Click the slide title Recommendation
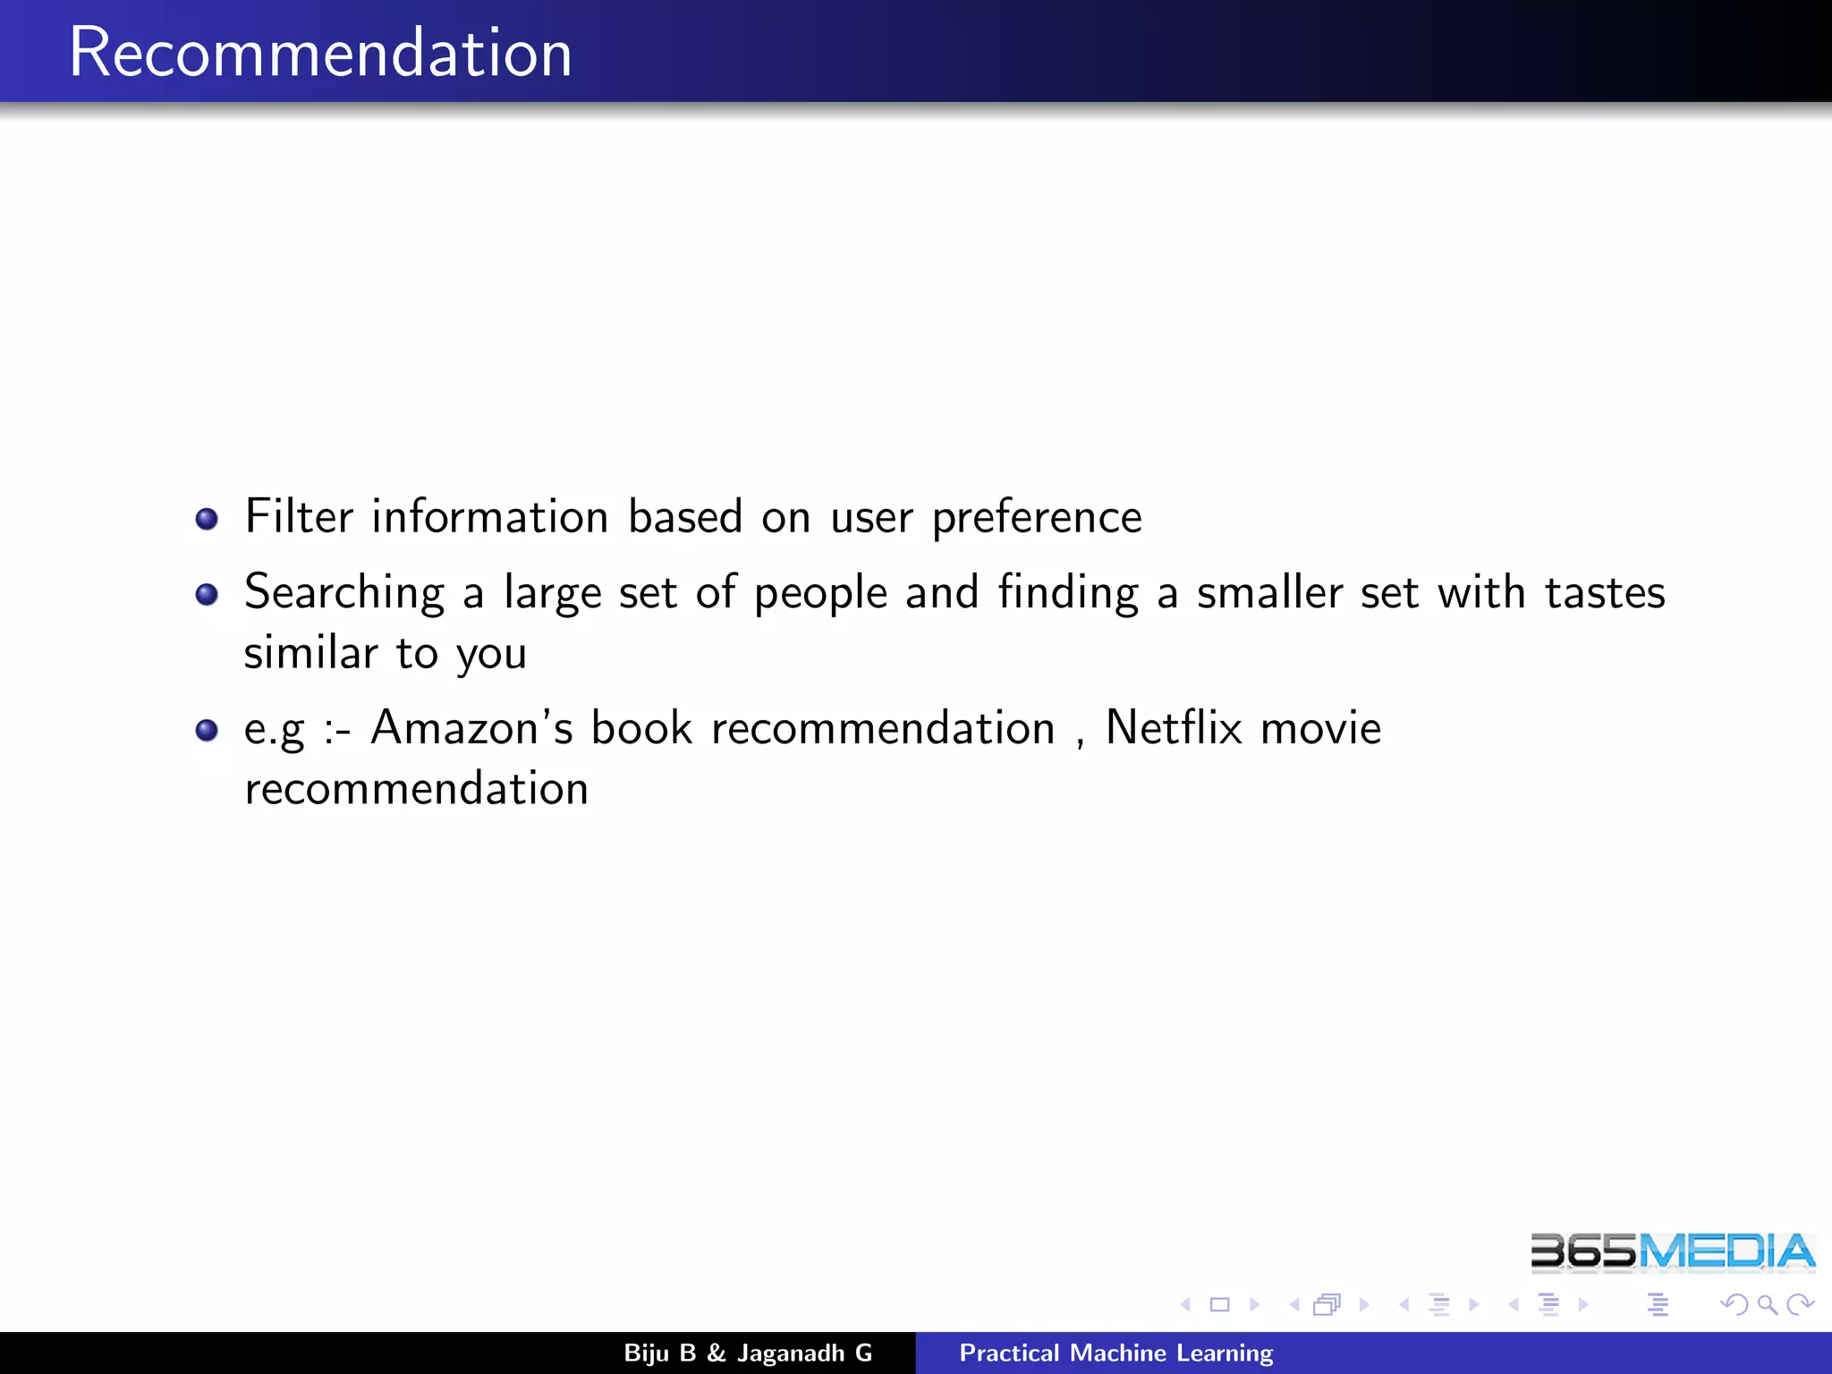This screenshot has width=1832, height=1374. pos(320,54)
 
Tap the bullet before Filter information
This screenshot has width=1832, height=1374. pos(207,519)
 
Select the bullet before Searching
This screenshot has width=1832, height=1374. pos(207,594)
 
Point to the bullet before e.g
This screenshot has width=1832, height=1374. pos(207,730)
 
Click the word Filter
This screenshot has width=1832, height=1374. pos(299,517)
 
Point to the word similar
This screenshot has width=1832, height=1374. pos(310,653)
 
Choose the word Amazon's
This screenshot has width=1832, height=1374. pos(471,728)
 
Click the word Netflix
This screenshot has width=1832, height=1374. pos(1174,728)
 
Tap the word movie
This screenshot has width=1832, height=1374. pos(1320,728)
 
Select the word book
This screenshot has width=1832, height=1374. pos(641,728)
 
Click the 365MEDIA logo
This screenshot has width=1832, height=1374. pos(1672,1251)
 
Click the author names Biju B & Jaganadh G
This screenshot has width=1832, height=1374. pos(748,1353)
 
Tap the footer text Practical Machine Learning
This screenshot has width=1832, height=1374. pos(1115,1353)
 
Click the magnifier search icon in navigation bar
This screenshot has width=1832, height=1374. pos(1767,1305)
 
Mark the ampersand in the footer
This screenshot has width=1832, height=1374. pos(717,1353)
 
